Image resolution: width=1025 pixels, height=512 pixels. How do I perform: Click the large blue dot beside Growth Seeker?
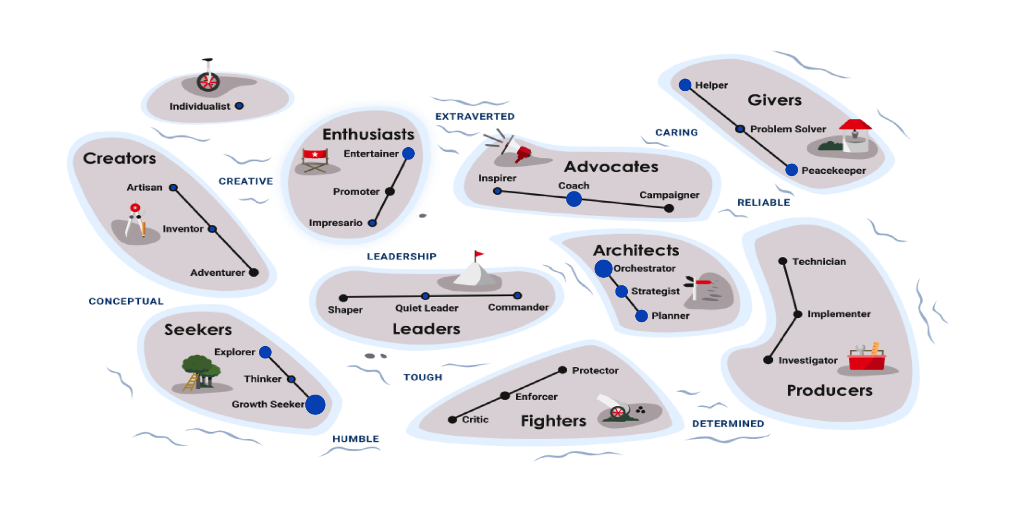click(x=315, y=404)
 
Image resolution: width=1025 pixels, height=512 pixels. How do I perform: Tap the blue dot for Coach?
click(x=574, y=199)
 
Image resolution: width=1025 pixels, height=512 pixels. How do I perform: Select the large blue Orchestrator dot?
click(x=603, y=268)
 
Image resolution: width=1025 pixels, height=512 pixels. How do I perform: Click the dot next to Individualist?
click(x=240, y=106)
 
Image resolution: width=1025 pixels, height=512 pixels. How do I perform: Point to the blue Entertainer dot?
click(x=408, y=154)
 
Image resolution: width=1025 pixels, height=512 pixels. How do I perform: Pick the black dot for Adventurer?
click(x=254, y=273)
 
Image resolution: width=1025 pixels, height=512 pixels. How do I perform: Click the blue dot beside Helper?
click(x=685, y=85)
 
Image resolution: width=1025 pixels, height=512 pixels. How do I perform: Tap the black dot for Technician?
click(x=783, y=261)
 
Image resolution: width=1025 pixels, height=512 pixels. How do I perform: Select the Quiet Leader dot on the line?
click(x=425, y=296)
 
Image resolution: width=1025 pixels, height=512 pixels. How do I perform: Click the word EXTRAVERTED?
click(x=475, y=116)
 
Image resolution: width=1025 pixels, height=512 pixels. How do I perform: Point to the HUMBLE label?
click(x=356, y=439)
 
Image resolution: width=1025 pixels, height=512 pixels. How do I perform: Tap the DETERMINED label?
click(x=728, y=423)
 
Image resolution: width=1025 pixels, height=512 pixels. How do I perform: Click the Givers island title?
click(x=774, y=100)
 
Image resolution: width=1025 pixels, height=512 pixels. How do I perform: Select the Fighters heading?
click(x=553, y=421)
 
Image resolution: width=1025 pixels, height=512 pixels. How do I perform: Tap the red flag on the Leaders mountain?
click(x=479, y=254)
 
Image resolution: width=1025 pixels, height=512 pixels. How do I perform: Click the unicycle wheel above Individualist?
click(x=208, y=82)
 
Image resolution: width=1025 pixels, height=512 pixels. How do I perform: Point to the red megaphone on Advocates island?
click(x=523, y=154)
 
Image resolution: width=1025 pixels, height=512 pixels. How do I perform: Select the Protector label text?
click(x=595, y=370)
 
